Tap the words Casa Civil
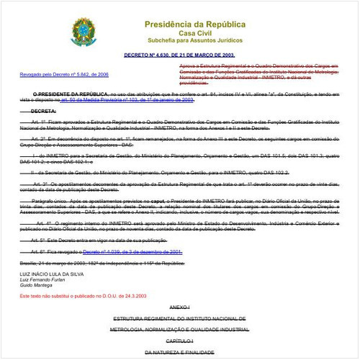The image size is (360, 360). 179,24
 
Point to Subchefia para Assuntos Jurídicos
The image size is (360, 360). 179,33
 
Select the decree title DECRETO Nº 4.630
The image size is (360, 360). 179,55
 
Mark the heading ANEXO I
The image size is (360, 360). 179,307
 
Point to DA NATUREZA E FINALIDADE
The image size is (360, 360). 179,352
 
